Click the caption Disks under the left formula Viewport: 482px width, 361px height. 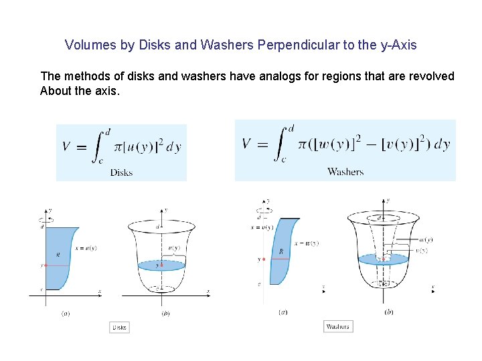(121, 172)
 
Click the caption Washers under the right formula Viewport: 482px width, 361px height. (345, 172)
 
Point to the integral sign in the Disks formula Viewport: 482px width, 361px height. (99, 146)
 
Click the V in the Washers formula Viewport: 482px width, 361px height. (246, 144)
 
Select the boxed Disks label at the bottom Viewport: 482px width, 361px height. (119, 328)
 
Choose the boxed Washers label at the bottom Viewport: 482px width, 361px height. (337, 327)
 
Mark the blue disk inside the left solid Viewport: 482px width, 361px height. (161, 265)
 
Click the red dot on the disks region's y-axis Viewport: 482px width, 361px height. (46, 265)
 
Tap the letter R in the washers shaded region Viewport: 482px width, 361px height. (280, 251)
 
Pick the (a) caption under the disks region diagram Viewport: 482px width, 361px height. (66, 313)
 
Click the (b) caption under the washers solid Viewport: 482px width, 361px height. (388, 311)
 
